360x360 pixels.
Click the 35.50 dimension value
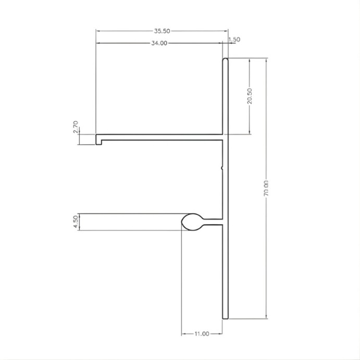tap(162, 31)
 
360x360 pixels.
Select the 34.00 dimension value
tap(159, 43)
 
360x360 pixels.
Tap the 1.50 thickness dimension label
tap(234, 40)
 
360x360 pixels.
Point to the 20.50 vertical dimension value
tap(251, 96)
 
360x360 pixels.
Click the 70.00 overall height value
tap(266, 188)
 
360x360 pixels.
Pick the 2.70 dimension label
tap(76, 127)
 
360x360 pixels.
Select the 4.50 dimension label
tap(76, 221)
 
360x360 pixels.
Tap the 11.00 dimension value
tap(202, 333)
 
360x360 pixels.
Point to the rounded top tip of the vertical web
tap(226, 60)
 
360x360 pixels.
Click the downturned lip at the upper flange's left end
tap(98, 140)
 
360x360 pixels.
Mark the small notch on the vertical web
tap(222, 168)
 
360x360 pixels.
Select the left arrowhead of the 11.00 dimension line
tap(183, 333)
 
